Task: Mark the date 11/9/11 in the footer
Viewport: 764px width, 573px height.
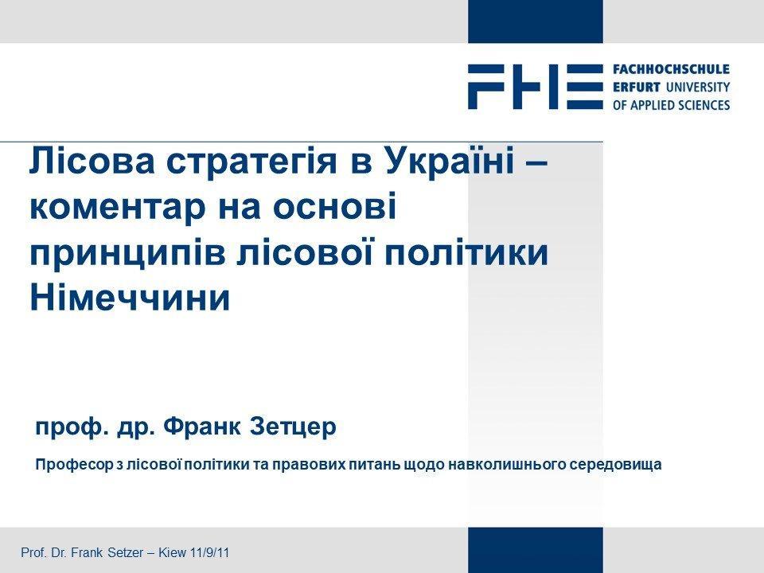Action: point(210,552)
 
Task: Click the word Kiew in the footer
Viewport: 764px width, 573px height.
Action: point(173,552)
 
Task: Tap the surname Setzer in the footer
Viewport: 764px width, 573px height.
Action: point(125,552)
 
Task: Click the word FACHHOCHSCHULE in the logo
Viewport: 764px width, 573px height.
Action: point(672,70)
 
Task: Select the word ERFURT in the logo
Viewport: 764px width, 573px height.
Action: point(637,88)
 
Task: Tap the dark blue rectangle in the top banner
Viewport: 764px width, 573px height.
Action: point(536,21)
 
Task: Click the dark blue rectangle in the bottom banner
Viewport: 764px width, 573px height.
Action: point(536,550)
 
